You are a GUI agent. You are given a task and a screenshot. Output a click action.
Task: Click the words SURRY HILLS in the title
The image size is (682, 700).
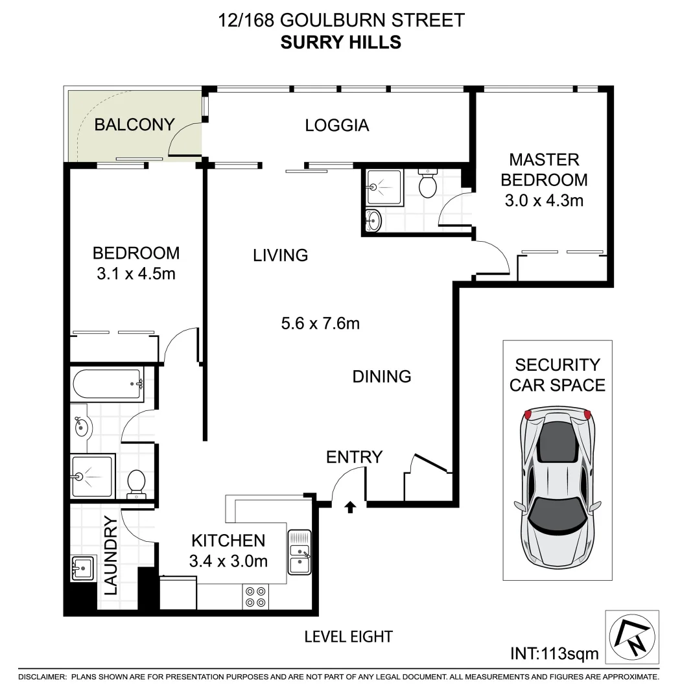[x=340, y=43]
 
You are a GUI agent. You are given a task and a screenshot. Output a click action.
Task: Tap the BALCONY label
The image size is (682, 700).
[x=134, y=124]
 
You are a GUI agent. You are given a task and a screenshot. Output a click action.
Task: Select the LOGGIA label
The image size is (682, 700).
[x=336, y=125]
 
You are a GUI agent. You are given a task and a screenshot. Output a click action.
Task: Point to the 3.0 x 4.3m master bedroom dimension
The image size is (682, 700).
[x=544, y=200]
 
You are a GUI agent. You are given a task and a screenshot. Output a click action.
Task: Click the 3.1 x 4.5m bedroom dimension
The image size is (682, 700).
[x=135, y=274]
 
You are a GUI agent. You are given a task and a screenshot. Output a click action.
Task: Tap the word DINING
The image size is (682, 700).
[x=382, y=376]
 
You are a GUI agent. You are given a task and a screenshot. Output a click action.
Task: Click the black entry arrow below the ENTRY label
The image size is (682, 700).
[x=350, y=507]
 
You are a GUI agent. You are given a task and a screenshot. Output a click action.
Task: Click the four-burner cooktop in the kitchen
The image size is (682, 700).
[x=255, y=596]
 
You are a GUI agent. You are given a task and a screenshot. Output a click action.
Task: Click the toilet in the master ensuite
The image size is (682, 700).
[x=428, y=184]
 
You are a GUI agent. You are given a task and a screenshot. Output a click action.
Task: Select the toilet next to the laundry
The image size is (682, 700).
[x=136, y=483]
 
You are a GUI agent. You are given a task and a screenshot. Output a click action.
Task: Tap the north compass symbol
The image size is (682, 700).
[x=630, y=636]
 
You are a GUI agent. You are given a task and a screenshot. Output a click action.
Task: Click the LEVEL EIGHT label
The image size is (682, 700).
[x=348, y=636]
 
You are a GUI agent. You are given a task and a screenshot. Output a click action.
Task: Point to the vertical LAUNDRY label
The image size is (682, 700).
[x=110, y=555]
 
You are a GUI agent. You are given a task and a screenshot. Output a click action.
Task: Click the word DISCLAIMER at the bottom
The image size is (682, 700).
[x=43, y=677]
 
